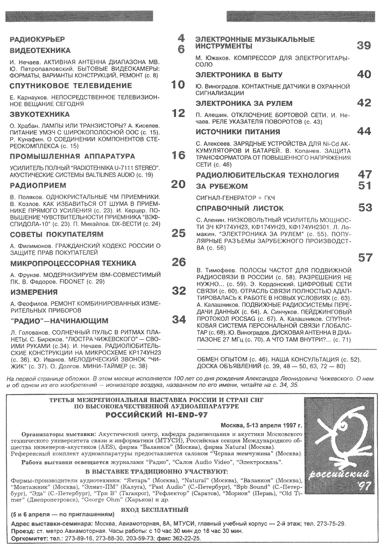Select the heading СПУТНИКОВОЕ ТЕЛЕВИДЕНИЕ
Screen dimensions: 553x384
point(71,86)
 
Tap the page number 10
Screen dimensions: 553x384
point(178,85)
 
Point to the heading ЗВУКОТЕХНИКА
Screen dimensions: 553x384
point(40,114)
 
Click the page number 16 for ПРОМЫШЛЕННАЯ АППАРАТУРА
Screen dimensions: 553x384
point(178,155)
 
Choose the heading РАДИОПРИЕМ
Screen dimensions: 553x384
point(38,186)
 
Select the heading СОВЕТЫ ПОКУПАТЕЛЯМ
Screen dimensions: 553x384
point(57,234)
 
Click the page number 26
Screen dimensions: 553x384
point(178,262)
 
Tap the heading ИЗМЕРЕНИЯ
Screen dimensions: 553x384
point(33,292)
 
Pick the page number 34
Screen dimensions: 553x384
point(178,319)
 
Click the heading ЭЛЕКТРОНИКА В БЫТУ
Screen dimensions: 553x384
point(239,75)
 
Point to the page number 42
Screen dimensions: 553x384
point(364,103)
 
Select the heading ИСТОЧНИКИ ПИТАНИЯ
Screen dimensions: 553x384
point(238,132)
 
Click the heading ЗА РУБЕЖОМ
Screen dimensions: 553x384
point(222,186)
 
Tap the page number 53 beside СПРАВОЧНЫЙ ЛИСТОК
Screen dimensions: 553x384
point(365,207)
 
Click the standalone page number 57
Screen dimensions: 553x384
point(365,257)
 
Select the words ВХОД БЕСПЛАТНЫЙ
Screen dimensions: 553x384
point(155,509)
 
